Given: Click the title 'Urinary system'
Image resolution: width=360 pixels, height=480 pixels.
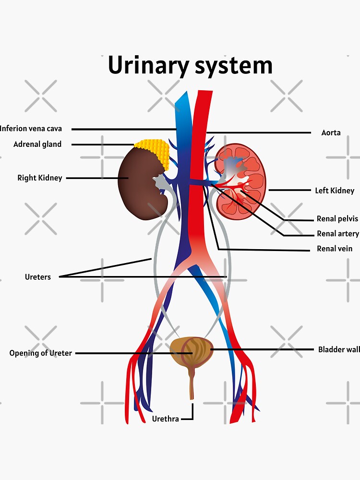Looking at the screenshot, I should pos(190,65).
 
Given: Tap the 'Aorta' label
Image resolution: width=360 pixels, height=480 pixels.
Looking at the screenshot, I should pos(331,132).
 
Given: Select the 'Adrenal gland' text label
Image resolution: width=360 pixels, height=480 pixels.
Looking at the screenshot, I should pos(37,144).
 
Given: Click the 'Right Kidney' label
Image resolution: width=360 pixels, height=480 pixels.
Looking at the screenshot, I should pos(40,178).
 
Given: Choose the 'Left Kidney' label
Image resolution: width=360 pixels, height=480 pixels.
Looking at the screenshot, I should pos(335,191).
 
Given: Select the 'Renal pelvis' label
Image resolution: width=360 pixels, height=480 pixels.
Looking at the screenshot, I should pos(337,219).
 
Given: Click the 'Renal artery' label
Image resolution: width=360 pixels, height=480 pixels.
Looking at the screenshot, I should pos(337,234).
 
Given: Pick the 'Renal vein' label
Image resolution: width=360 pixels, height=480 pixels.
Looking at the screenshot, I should pos(335,249).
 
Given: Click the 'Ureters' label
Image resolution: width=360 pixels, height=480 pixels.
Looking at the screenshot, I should pos(37,277).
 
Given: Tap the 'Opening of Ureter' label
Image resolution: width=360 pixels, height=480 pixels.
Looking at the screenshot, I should pos(41,353).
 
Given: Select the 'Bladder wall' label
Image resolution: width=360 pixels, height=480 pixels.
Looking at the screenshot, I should pos(338,349).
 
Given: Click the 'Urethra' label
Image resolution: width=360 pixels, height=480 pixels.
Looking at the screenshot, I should pos(165,419).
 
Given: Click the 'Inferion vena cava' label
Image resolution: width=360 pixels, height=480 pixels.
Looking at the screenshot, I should pos(31,129).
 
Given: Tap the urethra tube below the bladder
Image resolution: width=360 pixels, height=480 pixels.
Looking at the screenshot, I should pos(192,384).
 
